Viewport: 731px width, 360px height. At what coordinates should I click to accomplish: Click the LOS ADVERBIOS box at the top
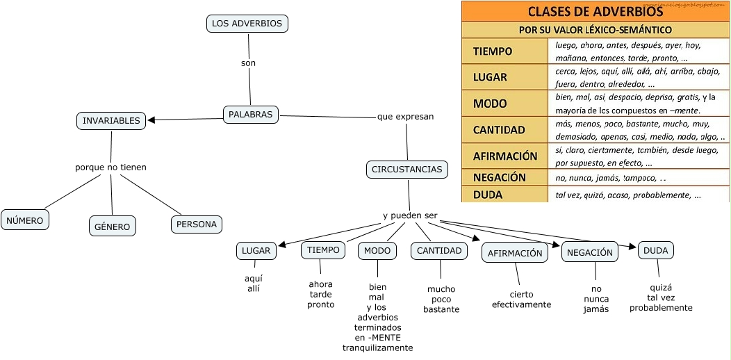tap(247, 24)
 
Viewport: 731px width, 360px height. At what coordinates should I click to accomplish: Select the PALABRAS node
tap(250, 115)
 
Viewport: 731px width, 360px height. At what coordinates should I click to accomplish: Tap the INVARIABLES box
tap(111, 121)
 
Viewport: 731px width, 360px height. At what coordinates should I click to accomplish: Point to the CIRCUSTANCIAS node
tap(406, 170)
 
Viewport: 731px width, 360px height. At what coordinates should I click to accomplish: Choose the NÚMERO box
tap(25, 220)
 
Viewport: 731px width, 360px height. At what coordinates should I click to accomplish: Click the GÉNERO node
tap(113, 226)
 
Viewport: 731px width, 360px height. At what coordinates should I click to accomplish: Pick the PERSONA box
tap(197, 224)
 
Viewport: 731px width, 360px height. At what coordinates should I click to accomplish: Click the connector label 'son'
tap(248, 63)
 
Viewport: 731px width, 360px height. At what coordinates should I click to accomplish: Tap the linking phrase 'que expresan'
tap(405, 117)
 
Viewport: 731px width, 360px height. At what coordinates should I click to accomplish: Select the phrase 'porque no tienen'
tap(110, 167)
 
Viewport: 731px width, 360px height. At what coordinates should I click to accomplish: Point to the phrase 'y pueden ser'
tap(410, 215)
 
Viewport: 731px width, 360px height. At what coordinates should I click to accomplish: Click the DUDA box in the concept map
tap(655, 250)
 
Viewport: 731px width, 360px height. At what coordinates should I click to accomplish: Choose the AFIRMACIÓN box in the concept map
tap(514, 253)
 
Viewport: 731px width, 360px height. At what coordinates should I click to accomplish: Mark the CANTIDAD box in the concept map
tap(439, 251)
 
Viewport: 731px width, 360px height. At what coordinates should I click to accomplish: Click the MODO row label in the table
tap(490, 104)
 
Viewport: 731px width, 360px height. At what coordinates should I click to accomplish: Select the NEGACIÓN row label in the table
tap(500, 177)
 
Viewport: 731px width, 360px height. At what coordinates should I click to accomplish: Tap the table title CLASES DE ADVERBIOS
tap(595, 11)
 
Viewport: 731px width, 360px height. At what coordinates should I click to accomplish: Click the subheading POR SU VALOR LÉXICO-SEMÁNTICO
tap(595, 30)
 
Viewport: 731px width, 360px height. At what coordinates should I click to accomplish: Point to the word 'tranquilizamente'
tap(377, 348)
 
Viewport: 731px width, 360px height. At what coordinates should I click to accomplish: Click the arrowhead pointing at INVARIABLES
tap(151, 120)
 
